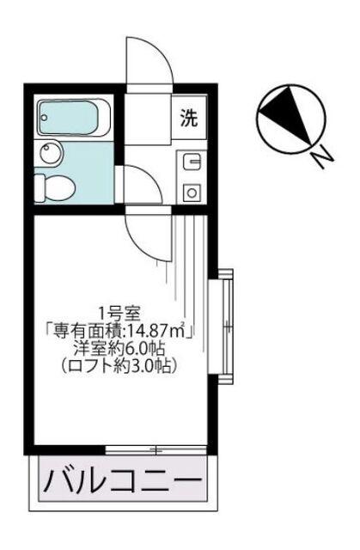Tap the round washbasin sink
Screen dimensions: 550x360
(x=51, y=155)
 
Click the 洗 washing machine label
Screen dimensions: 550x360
(x=188, y=119)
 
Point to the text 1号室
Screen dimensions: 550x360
(x=119, y=312)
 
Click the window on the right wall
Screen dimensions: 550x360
(x=224, y=322)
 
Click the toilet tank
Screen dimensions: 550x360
(x=41, y=186)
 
